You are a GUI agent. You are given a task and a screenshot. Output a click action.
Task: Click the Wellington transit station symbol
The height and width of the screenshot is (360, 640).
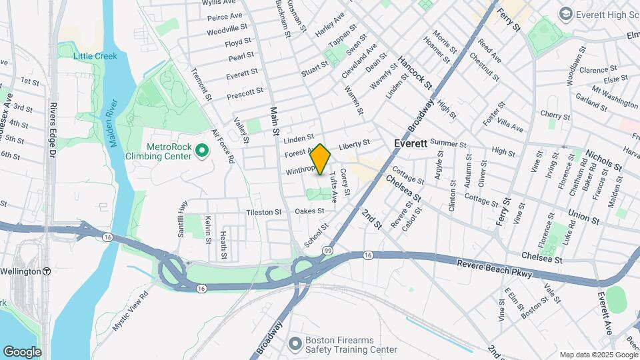click(x=47, y=271)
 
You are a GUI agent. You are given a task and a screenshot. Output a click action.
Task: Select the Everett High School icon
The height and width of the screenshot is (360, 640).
click(x=565, y=13)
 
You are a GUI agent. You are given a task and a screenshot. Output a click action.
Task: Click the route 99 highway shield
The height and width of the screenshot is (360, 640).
click(x=328, y=250)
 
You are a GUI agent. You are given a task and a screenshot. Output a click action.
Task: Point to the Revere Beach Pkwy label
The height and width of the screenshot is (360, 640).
click(x=493, y=265)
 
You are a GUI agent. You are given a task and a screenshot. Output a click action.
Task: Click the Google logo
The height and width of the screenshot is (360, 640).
click(x=22, y=351)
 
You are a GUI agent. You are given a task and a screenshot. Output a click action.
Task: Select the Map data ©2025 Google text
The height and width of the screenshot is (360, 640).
click(x=597, y=355)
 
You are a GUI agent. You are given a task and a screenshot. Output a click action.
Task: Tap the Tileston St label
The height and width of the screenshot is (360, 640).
click(x=264, y=212)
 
